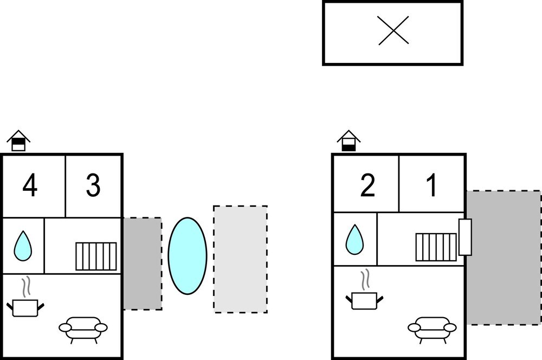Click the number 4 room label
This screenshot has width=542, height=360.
click(x=30, y=186)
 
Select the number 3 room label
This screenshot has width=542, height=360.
click(x=93, y=186)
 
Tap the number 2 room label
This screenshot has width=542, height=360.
click(x=367, y=186)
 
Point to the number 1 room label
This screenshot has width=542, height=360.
click(x=431, y=186)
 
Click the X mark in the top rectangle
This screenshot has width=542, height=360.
click(x=393, y=30)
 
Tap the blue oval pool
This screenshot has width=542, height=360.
click(x=188, y=256)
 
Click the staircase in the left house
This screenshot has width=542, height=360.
click(x=96, y=256)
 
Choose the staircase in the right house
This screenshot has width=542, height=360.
click(x=436, y=247)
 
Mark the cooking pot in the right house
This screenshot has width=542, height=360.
click(x=364, y=299)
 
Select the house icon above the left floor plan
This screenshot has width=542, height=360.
click(x=18, y=140)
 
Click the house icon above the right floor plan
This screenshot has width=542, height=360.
click(x=349, y=140)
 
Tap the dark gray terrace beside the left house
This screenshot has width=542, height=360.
click(x=143, y=263)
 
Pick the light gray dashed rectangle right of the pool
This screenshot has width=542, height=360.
click(x=240, y=259)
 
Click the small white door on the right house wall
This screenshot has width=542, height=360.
click(x=464, y=237)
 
